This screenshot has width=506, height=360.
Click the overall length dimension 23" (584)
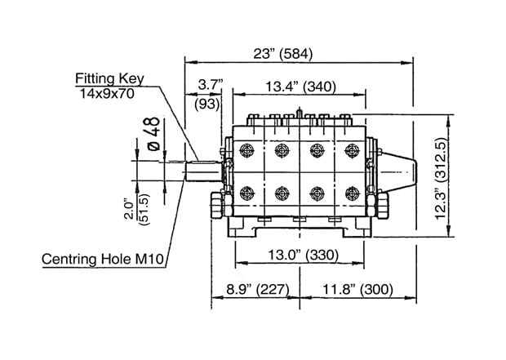283,54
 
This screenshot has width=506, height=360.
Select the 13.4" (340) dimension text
300,87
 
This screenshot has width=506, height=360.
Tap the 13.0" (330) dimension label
304,255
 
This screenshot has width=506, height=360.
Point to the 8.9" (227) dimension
257,289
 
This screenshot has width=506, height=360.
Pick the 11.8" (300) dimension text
358,289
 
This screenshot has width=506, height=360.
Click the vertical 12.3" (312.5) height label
441,179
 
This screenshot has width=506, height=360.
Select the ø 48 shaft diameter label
153,134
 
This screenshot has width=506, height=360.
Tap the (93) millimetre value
207,104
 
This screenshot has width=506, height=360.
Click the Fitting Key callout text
109,78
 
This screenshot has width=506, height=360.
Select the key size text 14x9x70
107,94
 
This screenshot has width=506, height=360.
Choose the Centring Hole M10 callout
103,260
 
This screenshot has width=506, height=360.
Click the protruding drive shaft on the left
204,171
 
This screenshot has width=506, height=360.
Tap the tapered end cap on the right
400,171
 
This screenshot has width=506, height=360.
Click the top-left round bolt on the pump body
246,150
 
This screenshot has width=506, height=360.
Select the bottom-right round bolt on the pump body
352,193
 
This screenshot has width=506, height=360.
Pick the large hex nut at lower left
216,205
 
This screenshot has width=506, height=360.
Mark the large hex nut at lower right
383,205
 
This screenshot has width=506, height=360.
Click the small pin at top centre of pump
300,113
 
